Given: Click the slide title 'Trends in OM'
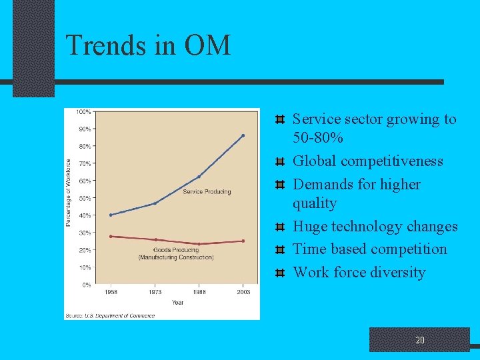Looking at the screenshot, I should pyautogui.click(x=147, y=45).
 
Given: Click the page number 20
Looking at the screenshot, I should pyautogui.click(x=419, y=340).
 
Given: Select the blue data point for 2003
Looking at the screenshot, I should pyautogui.click(x=243, y=135).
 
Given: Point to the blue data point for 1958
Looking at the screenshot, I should pyautogui.click(x=111, y=215).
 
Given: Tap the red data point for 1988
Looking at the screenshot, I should pyautogui.click(x=199, y=244).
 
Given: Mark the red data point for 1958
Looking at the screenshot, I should pyautogui.click(x=111, y=236).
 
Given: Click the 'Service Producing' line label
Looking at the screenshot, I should pyautogui.click(x=207, y=192).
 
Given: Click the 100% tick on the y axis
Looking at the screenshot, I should pyautogui.click(x=83, y=111).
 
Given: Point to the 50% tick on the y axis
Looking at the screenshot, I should pyautogui.click(x=85, y=198).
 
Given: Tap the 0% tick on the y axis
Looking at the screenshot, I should pyautogui.click(x=86, y=285).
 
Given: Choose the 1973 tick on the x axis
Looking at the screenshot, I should pyautogui.click(x=155, y=293).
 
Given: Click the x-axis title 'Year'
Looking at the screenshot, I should pyautogui.click(x=177, y=302).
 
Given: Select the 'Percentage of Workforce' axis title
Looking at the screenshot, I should pyautogui.click(x=68, y=192).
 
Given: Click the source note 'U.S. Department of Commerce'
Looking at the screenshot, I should pyautogui.click(x=110, y=315).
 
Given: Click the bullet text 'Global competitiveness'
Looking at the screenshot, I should pyautogui.click(x=368, y=161).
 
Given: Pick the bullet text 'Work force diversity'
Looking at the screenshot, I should pyautogui.click(x=359, y=272).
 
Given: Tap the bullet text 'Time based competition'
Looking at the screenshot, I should pyautogui.click(x=370, y=249).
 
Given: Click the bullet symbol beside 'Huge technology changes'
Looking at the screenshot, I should pyautogui.click(x=281, y=227).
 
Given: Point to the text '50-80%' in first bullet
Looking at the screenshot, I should pyautogui.click(x=318, y=139).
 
